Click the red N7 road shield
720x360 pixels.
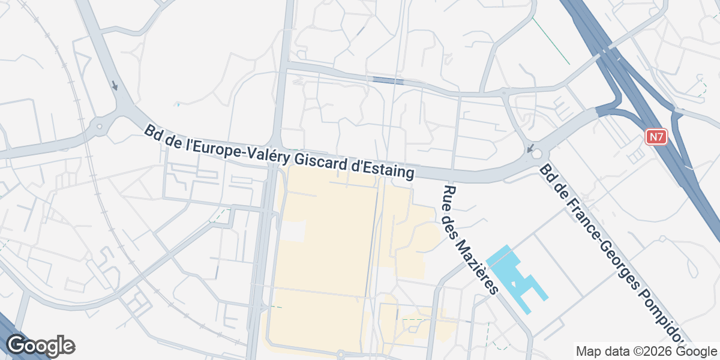click(656, 137)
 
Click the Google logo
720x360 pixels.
click(40, 346)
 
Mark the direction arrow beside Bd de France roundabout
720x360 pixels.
click(530, 148)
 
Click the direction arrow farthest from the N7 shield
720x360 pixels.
click(115, 86)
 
